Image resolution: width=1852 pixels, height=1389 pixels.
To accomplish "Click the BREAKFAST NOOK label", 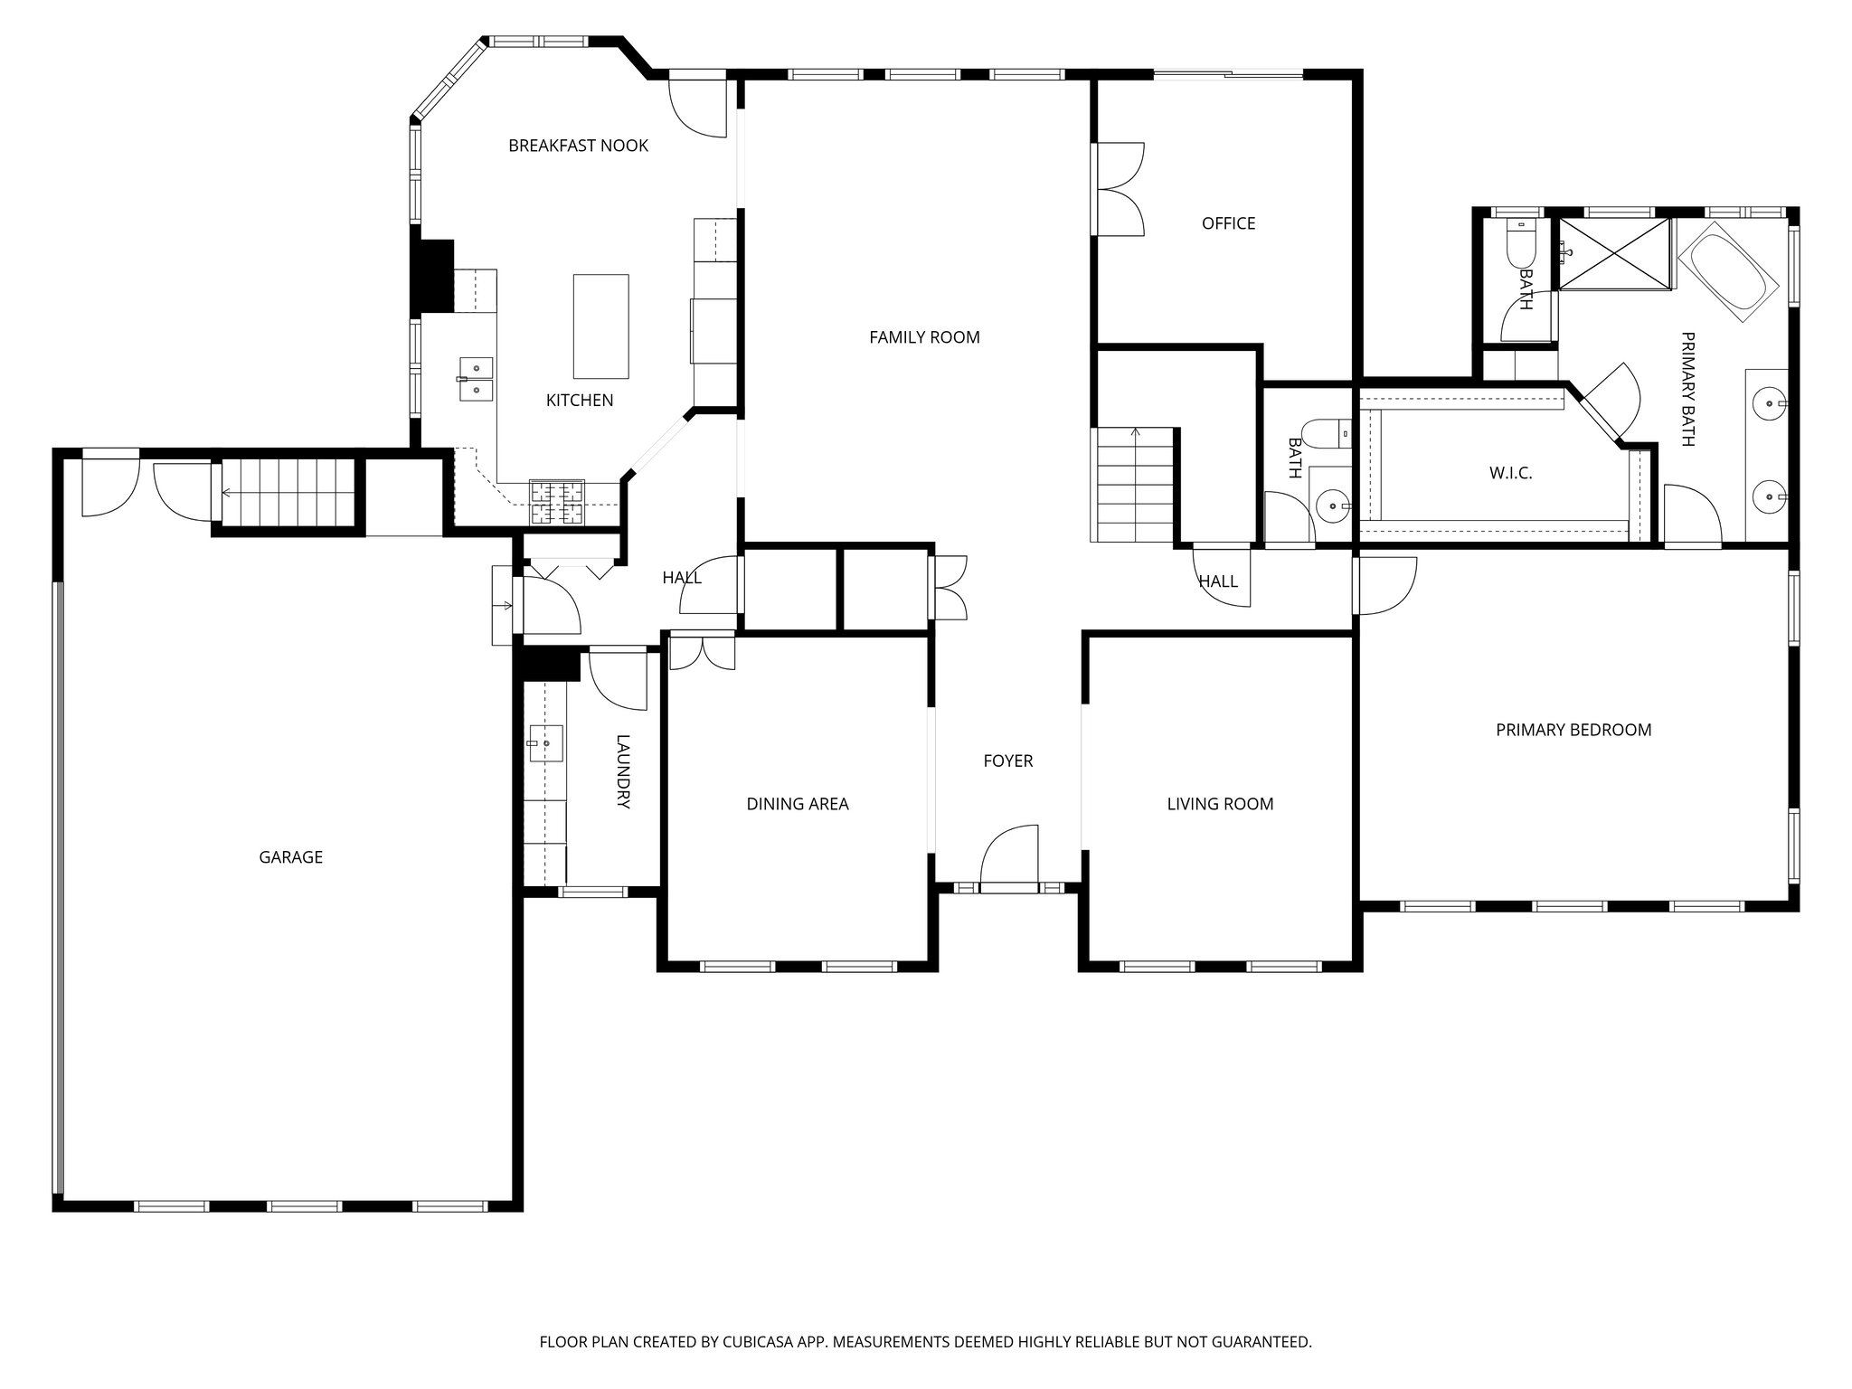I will pos(578,146).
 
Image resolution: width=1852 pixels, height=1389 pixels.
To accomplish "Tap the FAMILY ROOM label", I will pos(924,337).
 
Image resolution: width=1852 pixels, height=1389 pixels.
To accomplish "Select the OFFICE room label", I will pos(1228,223).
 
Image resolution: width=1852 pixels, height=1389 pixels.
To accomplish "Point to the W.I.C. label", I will pos(1510,473).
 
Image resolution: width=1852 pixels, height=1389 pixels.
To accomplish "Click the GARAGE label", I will pos(290,857).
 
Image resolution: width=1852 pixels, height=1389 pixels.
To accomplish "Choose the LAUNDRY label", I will pos(623,770).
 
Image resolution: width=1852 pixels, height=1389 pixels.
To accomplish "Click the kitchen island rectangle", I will pos(600,326).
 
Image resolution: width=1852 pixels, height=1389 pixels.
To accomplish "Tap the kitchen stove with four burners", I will pos(557,503).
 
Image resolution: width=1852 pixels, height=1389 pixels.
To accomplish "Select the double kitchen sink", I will pos(476,379).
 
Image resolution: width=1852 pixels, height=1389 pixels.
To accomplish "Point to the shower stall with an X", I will pos(1615,254).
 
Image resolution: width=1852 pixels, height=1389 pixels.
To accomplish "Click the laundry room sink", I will pos(545,743).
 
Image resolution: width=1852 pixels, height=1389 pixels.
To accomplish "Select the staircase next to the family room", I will pos(1134,486).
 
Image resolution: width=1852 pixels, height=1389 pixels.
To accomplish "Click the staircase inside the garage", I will pos(287,492).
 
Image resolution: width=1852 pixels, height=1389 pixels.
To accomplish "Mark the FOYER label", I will pos(1007,761).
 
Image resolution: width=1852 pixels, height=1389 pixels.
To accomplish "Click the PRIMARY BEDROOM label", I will pos(1573,730).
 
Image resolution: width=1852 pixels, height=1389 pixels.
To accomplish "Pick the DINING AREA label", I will pos(797,804).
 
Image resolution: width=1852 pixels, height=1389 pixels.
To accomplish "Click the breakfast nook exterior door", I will pos(698,107).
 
